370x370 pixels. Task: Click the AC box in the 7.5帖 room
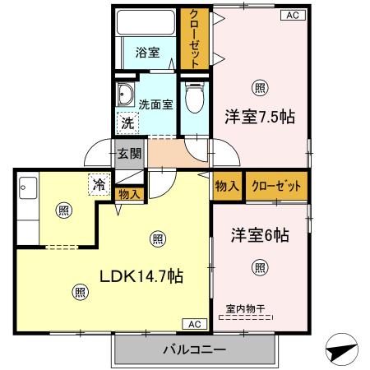pyautogui.click(x=292, y=14)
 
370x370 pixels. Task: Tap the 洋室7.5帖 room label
pyautogui.click(x=260, y=116)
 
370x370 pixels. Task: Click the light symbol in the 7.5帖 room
pyautogui.click(x=260, y=88)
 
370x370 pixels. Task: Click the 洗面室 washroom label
pyautogui.click(x=155, y=104)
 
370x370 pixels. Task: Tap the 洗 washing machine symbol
pyautogui.click(x=127, y=123)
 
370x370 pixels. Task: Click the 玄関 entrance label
pyautogui.click(x=128, y=153)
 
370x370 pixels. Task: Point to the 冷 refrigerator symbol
pyautogui.click(x=99, y=184)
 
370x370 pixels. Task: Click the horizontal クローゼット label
pyautogui.click(x=276, y=186)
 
